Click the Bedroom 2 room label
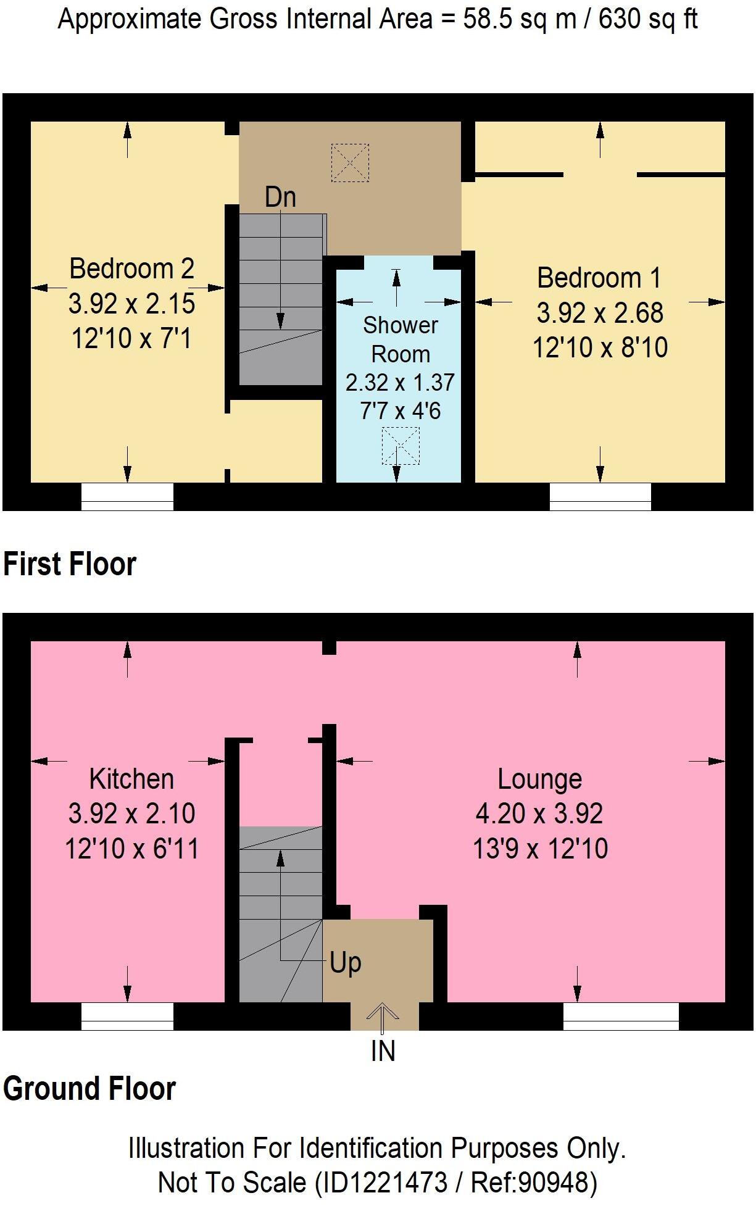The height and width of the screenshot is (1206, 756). (x=131, y=268)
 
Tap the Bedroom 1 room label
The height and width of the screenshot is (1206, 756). (x=599, y=278)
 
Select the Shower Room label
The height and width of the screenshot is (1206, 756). (x=401, y=339)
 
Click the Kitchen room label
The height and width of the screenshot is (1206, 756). (x=131, y=779)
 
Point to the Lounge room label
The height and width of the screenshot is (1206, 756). (x=540, y=779)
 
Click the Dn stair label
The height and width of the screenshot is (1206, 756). (x=280, y=198)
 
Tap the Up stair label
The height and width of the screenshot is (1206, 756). (x=346, y=962)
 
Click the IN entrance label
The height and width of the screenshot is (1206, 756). (x=383, y=1051)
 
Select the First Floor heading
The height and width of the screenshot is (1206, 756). (x=70, y=564)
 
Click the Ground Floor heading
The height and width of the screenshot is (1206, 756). (x=89, y=1089)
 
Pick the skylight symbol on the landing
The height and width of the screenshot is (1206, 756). (x=350, y=163)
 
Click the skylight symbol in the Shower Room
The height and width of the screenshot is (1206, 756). (x=401, y=446)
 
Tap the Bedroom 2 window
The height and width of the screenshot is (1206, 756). (x=127, y=497)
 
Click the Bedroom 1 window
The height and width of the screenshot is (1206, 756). (x=600, y=497)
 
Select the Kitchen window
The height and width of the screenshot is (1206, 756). (x=127, y=1017)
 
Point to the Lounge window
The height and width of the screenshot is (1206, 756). (x=621, y=1017)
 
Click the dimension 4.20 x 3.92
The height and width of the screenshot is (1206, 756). (x=539, y=813)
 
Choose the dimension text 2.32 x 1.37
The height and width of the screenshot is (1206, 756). (x=400, y=383)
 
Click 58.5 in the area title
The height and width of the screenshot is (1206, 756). (x=486, y=20)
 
